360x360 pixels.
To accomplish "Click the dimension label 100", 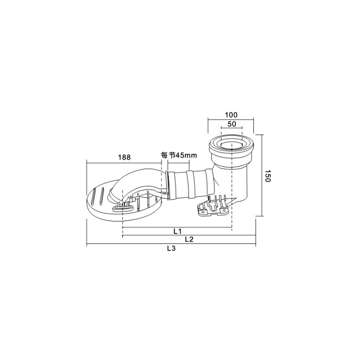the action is click(231, 115).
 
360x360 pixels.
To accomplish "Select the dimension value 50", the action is click(232, 124).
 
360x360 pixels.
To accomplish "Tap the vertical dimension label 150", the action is click(268, 176).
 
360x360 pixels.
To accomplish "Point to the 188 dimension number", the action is click(124, 157).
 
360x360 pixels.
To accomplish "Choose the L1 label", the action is click(177, 231).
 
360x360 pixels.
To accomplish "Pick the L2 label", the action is click(189, 239).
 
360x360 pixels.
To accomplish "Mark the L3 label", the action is click(171, 248).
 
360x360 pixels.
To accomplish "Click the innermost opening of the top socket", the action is click(231, 144).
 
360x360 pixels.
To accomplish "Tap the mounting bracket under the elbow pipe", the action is click(213, 206).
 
